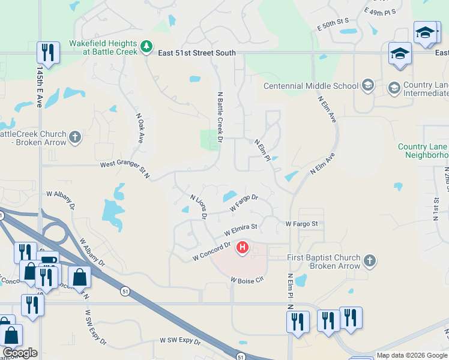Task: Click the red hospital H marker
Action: (x=243, y=247)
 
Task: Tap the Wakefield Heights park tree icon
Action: (x=146, y=46)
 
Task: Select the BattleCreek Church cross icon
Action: (x=75, y=137)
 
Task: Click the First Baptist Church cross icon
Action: (x=370, y=261)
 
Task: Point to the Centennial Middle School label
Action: (x=311, y=86)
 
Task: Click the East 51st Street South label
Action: (x=197, y=53)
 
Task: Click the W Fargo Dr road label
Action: (x=244, y=202)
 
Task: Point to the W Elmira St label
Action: (x=241, y=229)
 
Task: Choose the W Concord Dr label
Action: (x=212, y=251)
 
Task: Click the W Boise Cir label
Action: (x=247, y=280)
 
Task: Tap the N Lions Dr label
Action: (x=199, y=206)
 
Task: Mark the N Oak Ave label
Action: (x=140, y=128)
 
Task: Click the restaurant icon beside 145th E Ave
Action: (x=47, y=53)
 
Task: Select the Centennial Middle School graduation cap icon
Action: (x=368, y=86)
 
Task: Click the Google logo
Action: (x=20, y=353)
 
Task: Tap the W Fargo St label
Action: (x=301, y=224)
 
